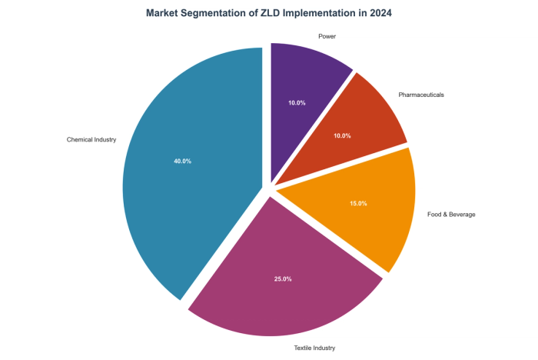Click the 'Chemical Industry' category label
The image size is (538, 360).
coord(91,140)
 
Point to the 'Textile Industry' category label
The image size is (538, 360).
coord(314,348)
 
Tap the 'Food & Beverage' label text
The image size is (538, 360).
coord(450,215)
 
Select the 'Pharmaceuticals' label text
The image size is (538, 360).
coord(421,95)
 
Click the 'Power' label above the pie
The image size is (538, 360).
coord(327,36)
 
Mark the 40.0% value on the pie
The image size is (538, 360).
coord(182,162)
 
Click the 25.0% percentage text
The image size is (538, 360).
coord(283,278)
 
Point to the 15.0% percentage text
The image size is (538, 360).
coord(358,204)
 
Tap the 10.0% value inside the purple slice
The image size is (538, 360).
coord(297,102)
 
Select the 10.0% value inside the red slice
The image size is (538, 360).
coord(342,136)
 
